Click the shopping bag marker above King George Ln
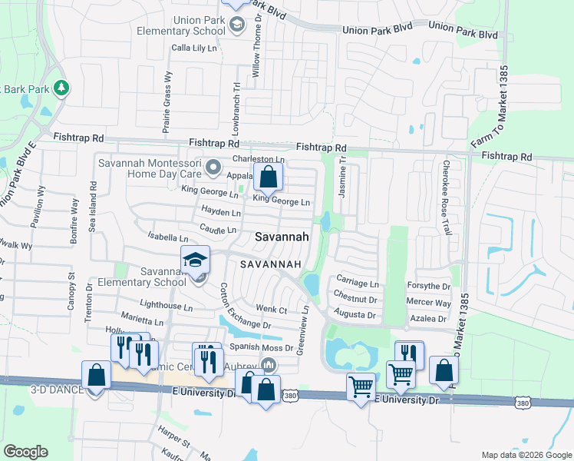point(268,177)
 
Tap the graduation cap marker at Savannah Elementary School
point(195,260)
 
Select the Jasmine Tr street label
point(343,177)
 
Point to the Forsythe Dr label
point(428,285)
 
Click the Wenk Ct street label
point(271,310)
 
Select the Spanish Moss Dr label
point(261,348)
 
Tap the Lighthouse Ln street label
point(167,306)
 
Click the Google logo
point(25,452)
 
